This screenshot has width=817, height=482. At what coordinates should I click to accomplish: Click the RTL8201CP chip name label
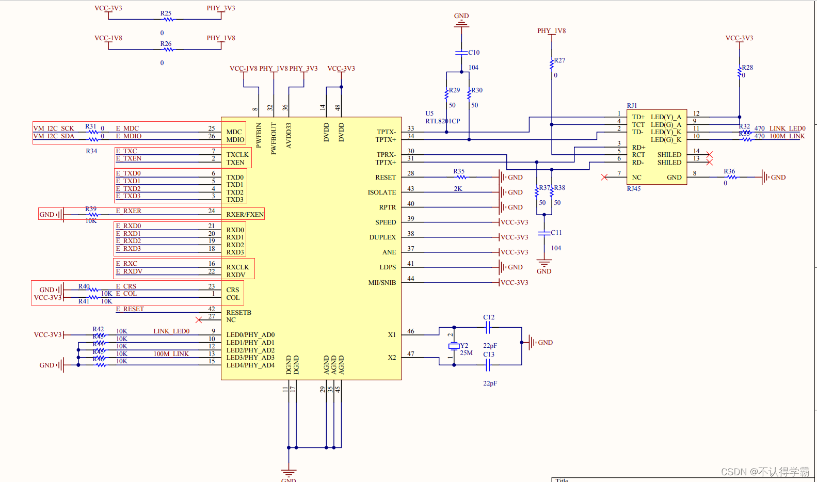[442, 121]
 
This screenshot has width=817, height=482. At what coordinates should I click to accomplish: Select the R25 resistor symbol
[168, 20]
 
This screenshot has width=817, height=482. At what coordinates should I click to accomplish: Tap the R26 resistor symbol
[168, 50]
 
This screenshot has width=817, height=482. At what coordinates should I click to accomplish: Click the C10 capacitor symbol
[461, 53]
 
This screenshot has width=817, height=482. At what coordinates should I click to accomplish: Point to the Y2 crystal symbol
[454, 346]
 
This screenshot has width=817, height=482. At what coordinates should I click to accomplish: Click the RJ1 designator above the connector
[632, 106]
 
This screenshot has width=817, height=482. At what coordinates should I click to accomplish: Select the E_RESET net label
[130, 309]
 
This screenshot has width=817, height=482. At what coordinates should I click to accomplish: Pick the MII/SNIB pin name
[382, 283]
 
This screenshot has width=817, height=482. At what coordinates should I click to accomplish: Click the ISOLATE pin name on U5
[382, 192]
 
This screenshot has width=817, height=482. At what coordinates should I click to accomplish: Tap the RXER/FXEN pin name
[245, 215]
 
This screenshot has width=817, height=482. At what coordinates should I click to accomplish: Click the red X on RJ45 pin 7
[604, 178]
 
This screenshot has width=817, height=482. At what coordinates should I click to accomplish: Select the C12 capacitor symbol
[488, 327]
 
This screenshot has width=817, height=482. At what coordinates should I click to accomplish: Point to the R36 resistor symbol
[732, 178]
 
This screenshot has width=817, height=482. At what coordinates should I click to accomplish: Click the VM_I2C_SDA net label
[54, 136]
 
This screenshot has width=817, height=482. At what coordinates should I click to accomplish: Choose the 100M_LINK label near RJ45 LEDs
[787, 136]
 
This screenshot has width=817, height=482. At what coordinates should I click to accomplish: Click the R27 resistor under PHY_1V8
[552, 65]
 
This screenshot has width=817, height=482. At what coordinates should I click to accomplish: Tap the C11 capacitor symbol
[544, 233]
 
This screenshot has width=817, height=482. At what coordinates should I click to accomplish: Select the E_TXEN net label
[129, 158]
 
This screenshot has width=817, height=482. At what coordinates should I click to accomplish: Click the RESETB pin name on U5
[238, 313]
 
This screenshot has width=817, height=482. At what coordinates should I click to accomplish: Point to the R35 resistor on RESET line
[461, 178]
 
